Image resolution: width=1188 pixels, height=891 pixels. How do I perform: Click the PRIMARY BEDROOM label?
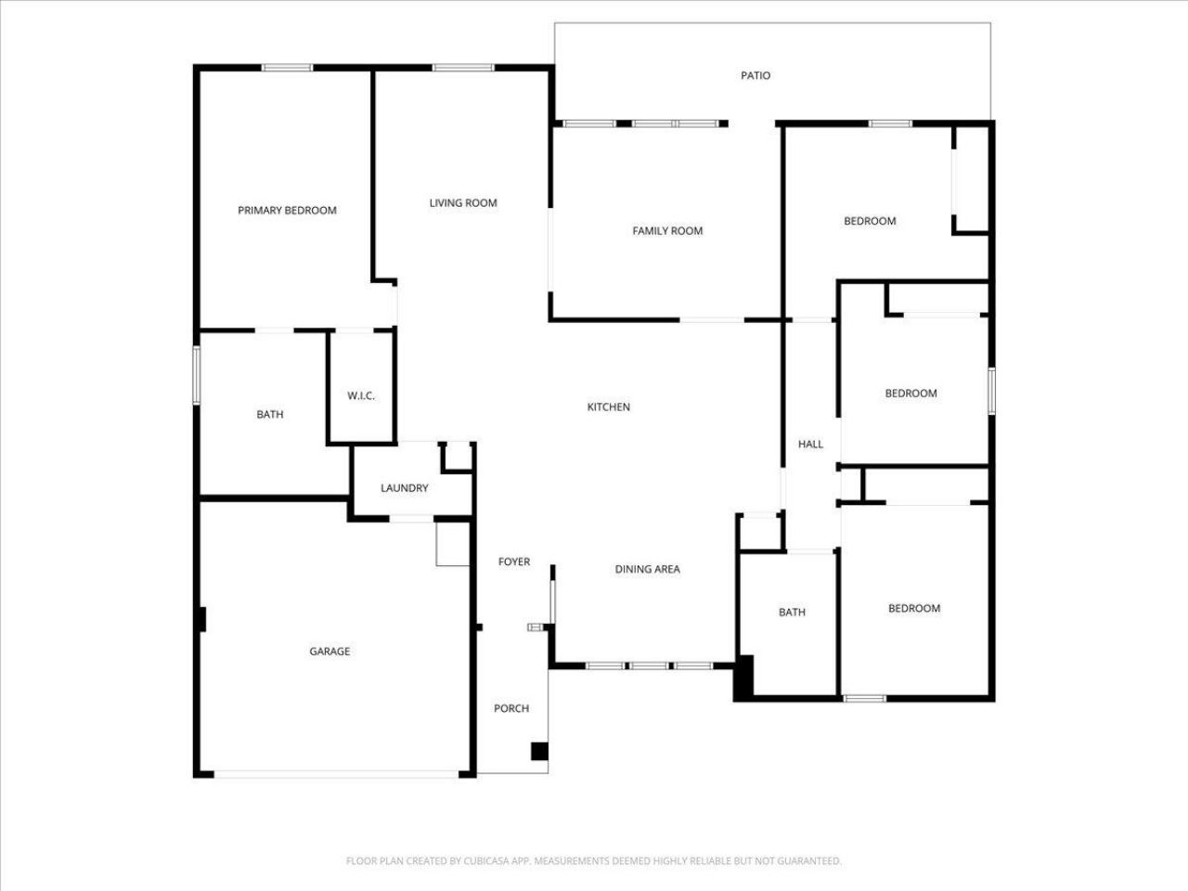point(287,211)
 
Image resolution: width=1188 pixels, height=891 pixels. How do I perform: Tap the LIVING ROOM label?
point(463,203)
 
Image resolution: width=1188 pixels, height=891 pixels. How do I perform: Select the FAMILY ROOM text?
point(667,231)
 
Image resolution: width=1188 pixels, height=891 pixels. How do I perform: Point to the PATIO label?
point(755,76)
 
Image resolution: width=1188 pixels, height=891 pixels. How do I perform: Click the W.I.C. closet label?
point(361,396)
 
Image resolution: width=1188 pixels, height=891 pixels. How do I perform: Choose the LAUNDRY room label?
point(405,488)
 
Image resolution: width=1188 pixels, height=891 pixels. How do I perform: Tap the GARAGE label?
point(329,652)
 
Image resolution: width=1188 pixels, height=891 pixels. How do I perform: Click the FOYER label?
point(514,562)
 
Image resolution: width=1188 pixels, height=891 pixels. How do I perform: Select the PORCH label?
point(511,708)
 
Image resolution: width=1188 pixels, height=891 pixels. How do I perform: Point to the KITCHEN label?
point(609,407)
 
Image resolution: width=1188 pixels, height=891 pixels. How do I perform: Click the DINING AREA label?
point(648,570)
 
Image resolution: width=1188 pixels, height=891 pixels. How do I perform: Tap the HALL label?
point(810,445)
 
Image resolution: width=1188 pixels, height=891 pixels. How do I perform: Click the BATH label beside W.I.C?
point(270,415)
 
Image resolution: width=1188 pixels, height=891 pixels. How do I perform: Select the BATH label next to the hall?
point(792,613)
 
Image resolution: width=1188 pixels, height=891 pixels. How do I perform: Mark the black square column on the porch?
point(539,751)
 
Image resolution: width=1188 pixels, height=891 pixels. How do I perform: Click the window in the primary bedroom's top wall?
point(287,67)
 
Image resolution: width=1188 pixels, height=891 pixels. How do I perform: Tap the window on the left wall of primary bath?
point(197,375)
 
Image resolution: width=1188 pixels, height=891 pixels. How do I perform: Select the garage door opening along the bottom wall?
point(336,773)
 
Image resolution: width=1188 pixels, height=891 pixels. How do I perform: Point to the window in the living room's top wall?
point(463,67)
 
